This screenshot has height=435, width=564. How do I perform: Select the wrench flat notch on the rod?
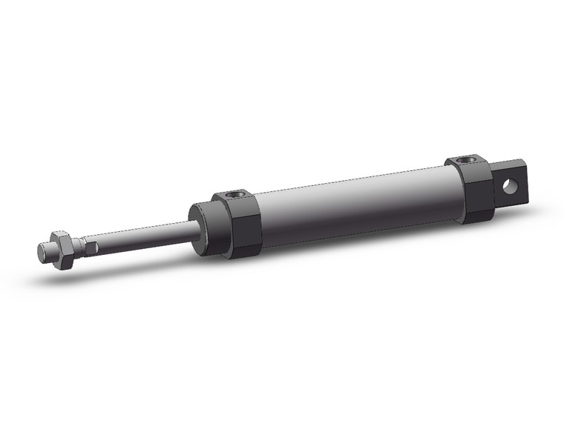click(90, 244)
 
